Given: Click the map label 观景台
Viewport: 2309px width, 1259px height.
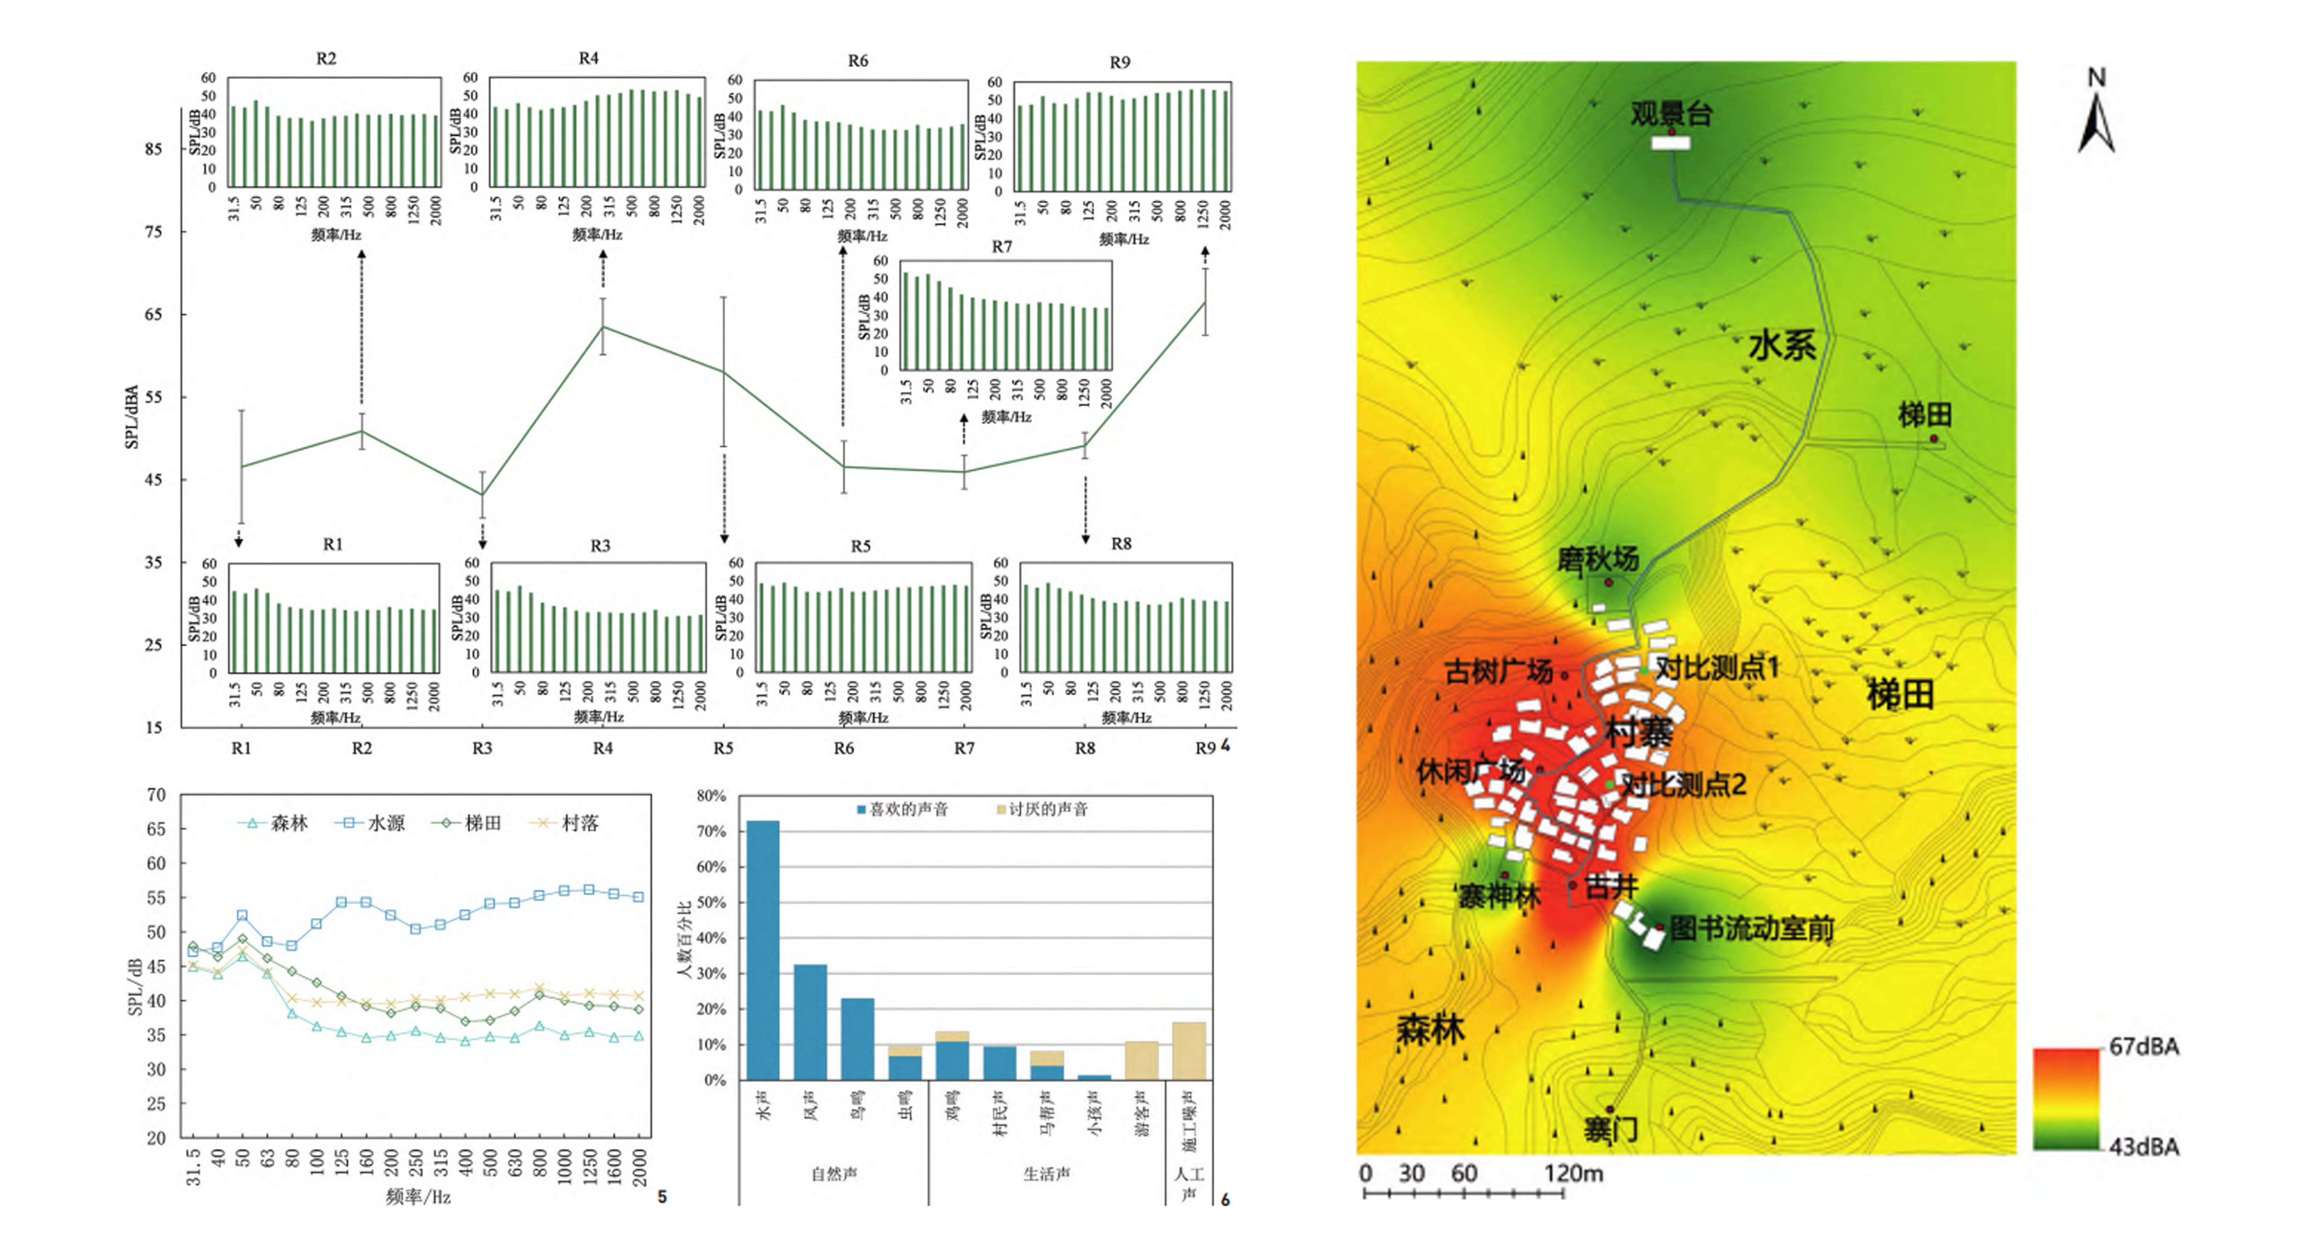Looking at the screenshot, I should [1671, 114].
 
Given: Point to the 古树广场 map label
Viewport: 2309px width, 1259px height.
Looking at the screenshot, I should [1498, 671].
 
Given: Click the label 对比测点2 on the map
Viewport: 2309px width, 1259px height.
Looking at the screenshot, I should [1683, 785].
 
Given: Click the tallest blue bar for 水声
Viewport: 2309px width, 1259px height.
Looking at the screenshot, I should [763, 950].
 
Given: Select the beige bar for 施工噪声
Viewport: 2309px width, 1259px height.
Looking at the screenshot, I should [1189, 1051].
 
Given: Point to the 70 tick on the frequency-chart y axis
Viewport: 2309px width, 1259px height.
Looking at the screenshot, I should [157, 795].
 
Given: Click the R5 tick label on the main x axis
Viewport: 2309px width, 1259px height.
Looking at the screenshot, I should [723, 748].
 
